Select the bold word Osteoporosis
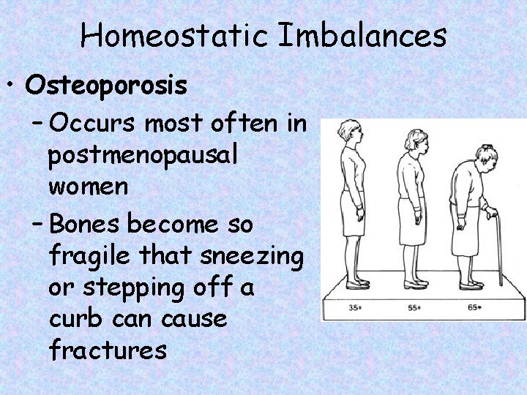click(105, 86)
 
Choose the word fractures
click(108, 350)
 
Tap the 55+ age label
click(415, 307)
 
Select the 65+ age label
click(474, 307)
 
